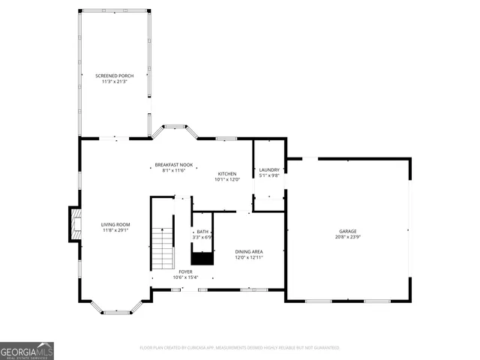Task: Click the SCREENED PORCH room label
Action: [x=115, y=76]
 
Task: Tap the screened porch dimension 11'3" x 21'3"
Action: [x=115, y=82]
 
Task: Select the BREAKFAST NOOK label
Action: [x=174, y=164]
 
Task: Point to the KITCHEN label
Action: [x=227, y=173]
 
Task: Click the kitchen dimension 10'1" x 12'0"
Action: [x=227, y=180]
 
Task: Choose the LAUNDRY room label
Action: [x=268, y=169]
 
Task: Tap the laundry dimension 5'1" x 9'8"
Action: [x=268, y=176]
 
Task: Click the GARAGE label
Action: [x=347, y=231]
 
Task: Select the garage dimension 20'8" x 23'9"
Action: [x=347, y=238]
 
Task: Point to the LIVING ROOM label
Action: [x=116, y=224]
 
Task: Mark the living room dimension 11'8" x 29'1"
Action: [x=116, y=231]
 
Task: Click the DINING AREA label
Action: [x=249, y=251]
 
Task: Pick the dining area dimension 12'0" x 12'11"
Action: [x=249, y=258]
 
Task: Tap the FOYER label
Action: [x=185, y=271]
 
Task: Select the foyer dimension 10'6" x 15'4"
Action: [x=185, y=278]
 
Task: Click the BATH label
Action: [x=202, y=232]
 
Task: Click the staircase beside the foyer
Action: [x=163, y=248]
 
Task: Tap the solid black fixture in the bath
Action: [x=202, y=258]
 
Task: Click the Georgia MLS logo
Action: [x=27, y=351]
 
